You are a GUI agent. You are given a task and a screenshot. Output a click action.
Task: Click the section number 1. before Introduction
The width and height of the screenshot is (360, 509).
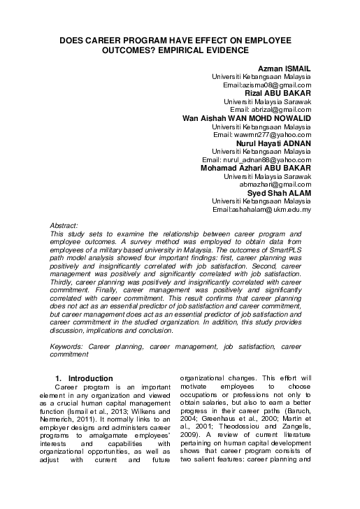coord(59,378)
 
